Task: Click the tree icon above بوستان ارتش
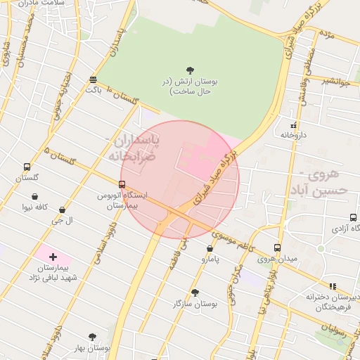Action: pos(190,70)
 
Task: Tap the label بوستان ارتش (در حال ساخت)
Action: pos(189,86)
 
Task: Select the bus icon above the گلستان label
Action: pos(27,167)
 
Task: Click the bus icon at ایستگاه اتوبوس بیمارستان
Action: pos(122,184)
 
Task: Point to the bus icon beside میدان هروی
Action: pos(277,247)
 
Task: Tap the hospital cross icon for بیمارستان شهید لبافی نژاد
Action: pos(53,257)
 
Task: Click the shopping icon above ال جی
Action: pos(63,210)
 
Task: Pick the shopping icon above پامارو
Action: pos(210,248)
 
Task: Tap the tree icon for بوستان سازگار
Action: pos(195,292)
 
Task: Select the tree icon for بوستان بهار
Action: pos(92,337)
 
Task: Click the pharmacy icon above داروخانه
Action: pos(293,124)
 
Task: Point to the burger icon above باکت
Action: pos(94,79)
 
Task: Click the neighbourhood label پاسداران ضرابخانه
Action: pos(134,149)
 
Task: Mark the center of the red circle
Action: pos(180,179)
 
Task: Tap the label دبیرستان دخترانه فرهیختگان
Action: pos(333,302)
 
